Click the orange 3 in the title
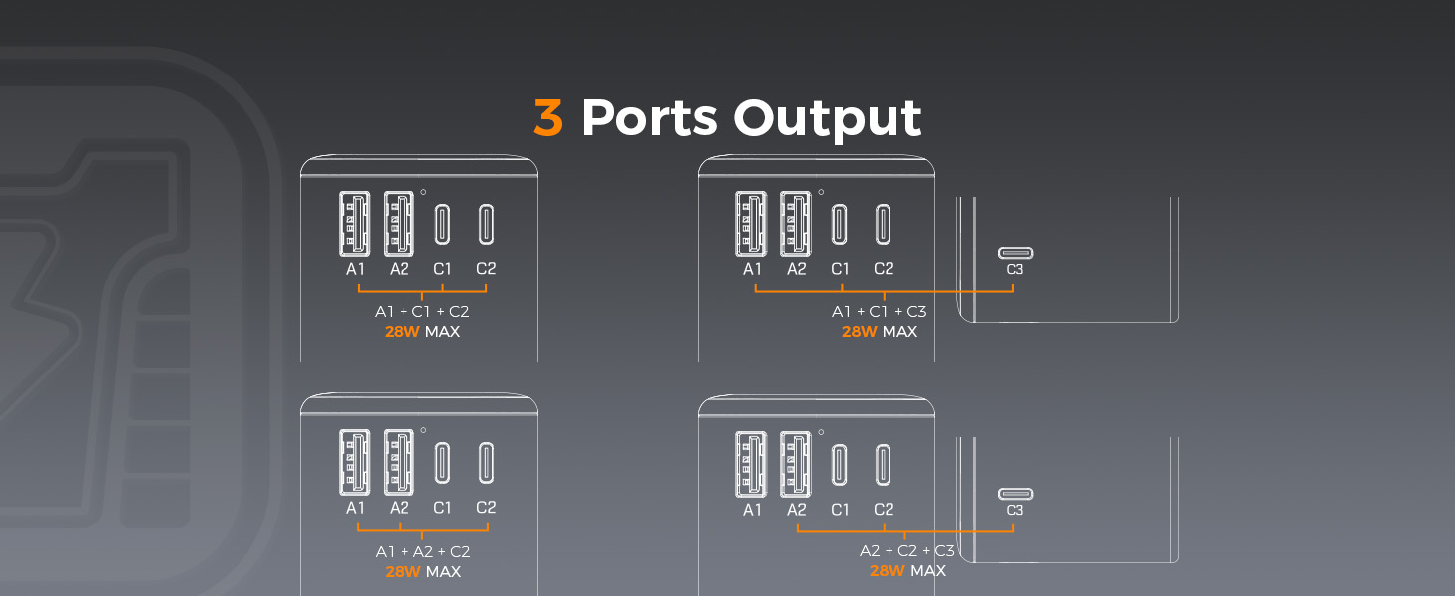pos(548,118)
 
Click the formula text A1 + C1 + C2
pos(422,312)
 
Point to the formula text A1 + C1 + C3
pos(880,312)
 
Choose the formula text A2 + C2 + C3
pos(907,551)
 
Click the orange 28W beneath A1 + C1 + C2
pos(403,332)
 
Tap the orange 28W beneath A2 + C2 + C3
pos(888,571)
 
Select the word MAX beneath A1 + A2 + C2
pos(443,572)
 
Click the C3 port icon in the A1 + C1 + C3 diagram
pos(1015,252)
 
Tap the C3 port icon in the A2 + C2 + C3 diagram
pos(1015,494)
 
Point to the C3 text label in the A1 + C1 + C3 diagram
pos(1015,269)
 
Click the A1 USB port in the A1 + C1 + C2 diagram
pos(355,223)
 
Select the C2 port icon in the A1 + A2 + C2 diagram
pos(486,463)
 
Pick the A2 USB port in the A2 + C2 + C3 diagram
pos(796,462)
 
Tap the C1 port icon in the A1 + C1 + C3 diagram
pos(840,223)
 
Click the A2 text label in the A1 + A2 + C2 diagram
pos(399,508)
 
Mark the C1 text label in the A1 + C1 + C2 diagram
pos(442,269)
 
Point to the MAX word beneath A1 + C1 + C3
pos(900,332)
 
